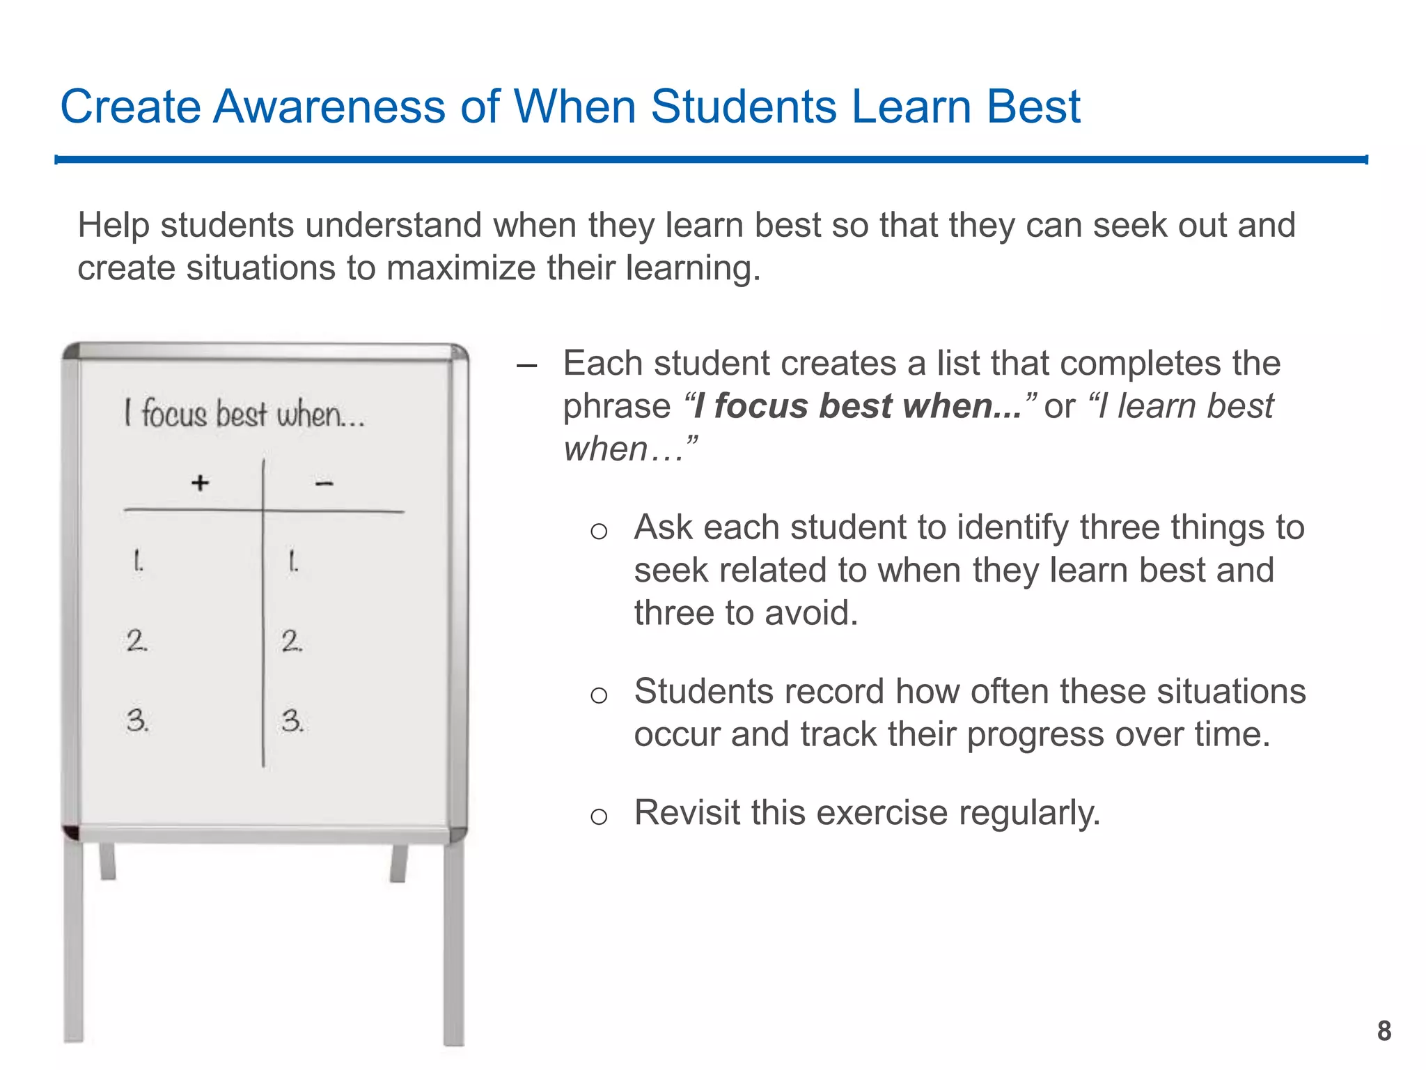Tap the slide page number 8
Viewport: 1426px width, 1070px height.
coord(1384,1031)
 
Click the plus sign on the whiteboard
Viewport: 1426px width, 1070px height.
coord(201,482)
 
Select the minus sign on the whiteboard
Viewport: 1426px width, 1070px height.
coord(324,483)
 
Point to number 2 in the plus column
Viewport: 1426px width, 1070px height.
coord(136,640)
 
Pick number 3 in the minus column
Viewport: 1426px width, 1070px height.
coord(292,720)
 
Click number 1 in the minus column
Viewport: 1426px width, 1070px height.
coord(293,561)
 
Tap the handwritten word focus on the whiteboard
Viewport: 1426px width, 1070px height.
coord(174,414)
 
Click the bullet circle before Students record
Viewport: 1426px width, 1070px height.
coord(599,695)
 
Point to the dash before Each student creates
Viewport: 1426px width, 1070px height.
coord(527,365)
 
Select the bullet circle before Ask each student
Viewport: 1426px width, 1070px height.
coord(599,531)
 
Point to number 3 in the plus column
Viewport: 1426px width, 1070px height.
coord(137,720)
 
